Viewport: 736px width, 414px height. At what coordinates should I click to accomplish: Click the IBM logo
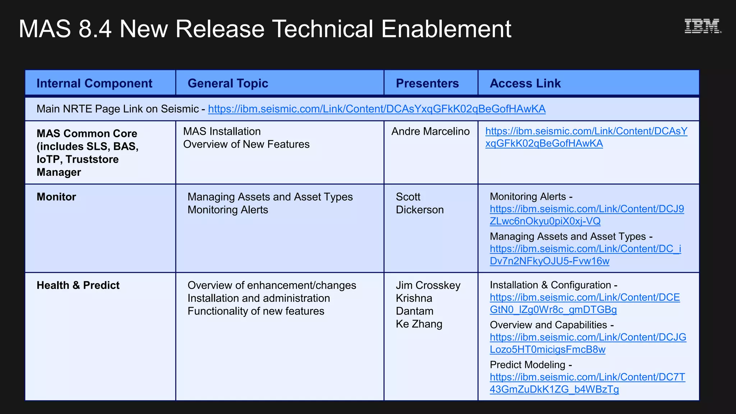tap(702, 26)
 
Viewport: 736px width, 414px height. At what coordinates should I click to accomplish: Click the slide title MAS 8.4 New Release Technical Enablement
tap(265, 29)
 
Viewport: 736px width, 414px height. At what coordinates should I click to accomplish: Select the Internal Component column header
tap(94, 83)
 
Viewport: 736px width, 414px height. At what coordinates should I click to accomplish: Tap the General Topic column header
tap(228, 83)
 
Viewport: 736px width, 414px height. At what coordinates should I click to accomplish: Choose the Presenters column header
tap(427, 83)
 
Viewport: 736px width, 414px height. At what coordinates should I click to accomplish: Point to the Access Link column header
tap(525, 83)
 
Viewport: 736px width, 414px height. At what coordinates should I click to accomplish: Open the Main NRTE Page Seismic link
tap(377, 109)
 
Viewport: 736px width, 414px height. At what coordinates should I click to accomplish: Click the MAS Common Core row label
tap(87, 153)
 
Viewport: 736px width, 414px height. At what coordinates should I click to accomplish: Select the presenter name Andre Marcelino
tap(430, 132)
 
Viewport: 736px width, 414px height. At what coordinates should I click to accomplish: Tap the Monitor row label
tap(56, 197)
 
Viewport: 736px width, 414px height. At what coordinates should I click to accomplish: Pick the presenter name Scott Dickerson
tap(419, 203)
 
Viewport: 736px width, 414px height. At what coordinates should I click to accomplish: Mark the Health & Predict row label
tap(78, 285)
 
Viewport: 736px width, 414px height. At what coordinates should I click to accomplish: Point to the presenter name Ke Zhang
tap(419, 324)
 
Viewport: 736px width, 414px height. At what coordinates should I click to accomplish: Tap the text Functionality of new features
tap(256, 311)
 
